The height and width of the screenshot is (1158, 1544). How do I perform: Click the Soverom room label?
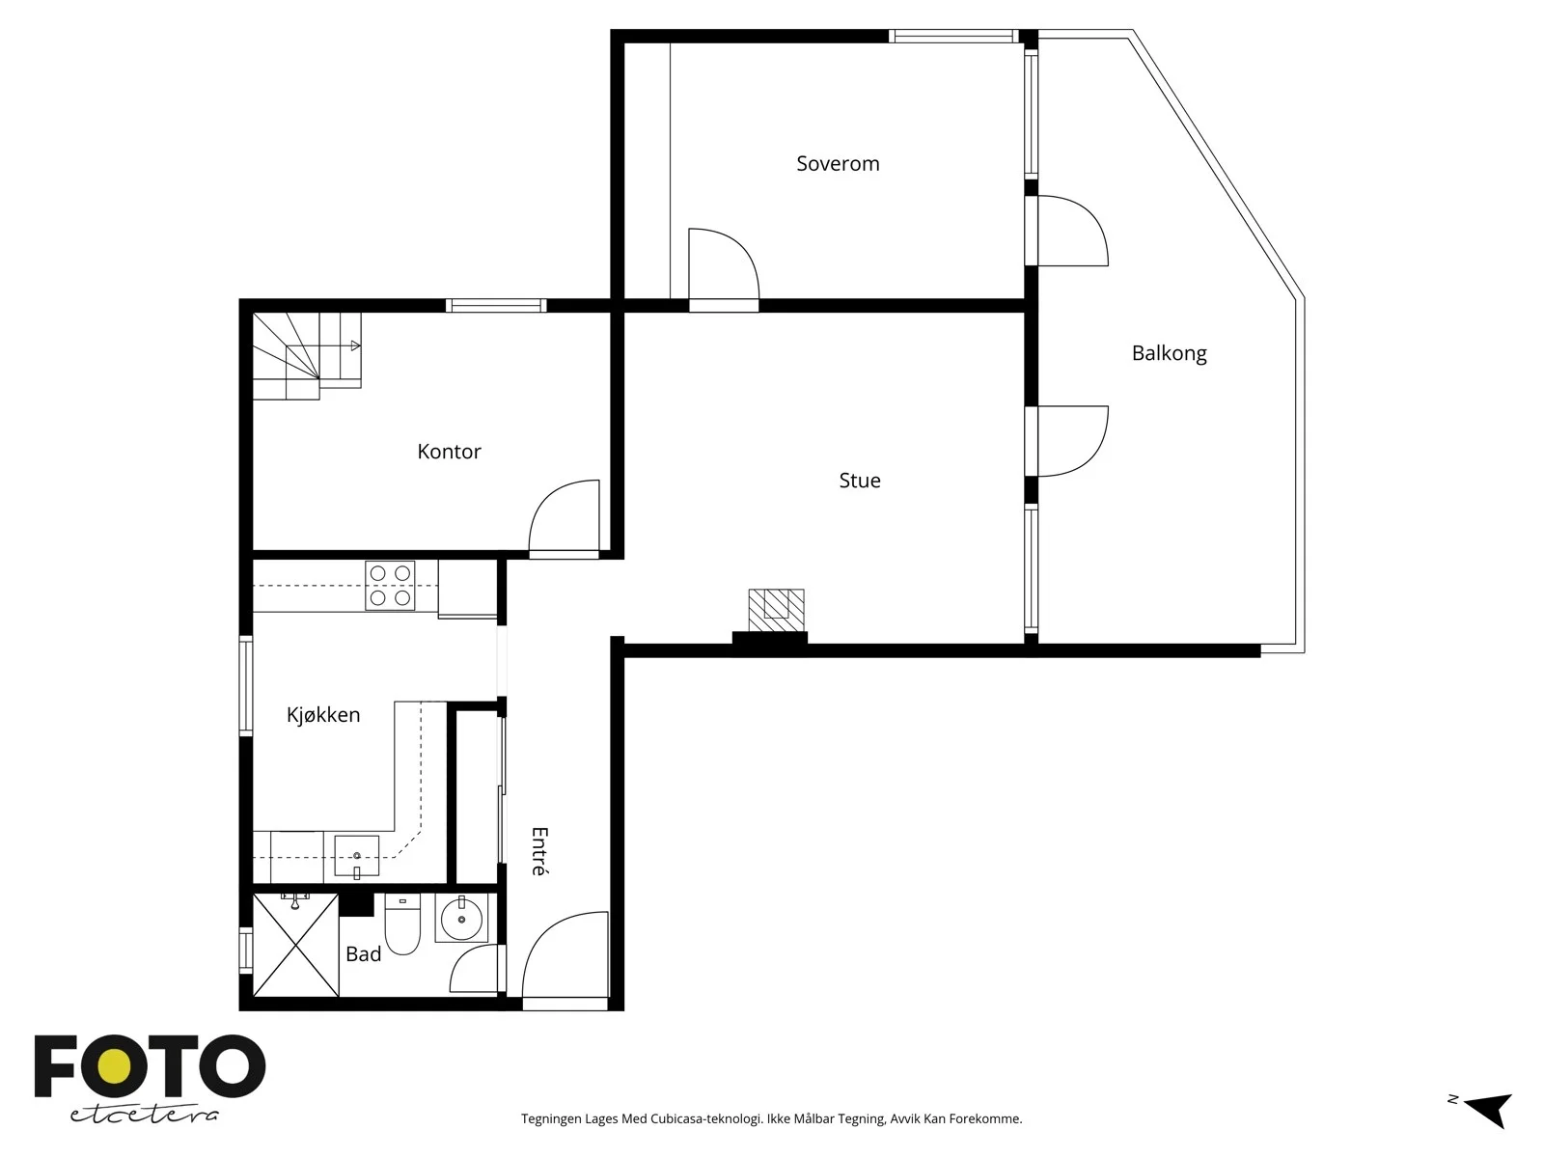[837, 164]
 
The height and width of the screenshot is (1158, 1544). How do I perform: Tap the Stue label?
[860, 481]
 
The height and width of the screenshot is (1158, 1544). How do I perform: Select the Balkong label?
[1169, 353]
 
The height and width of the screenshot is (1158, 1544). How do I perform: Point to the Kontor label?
[449, 452]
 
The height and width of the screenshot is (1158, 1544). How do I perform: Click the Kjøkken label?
[323, 715]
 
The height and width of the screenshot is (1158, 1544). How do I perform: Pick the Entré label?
[539, 851]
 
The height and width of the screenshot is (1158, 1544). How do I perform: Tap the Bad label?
[363, 954]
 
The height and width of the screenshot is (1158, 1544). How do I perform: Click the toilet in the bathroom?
[402, 924]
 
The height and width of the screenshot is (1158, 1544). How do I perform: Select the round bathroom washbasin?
[461, 919]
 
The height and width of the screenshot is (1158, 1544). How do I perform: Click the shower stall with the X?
[295, 945]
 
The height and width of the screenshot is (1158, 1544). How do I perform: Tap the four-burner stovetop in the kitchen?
[390, 585]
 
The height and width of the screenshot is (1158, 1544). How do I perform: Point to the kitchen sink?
[357, 856]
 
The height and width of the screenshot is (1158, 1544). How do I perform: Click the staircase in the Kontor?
[307, 356]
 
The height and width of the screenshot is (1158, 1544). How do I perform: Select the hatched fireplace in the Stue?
[776, 610]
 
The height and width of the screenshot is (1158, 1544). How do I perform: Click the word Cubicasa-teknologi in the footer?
[706, 1118]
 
